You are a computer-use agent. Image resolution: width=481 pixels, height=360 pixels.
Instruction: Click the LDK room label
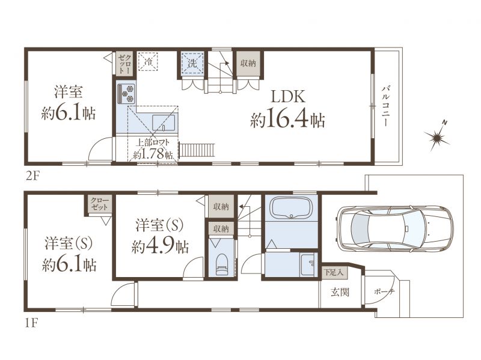coord(287,97)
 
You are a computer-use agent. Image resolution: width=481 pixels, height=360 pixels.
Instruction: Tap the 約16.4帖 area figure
coord(287,120)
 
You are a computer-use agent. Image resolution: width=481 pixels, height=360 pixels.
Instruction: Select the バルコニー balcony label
coord(385,106)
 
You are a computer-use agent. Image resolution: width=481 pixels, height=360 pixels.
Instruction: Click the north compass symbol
coord(437,137)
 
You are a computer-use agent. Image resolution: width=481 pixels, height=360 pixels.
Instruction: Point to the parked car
coord(394,228)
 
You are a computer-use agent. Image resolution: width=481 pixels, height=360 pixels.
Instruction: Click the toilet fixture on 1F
coord(221,264)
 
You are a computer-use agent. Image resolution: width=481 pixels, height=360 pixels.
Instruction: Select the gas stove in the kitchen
coord(126,93)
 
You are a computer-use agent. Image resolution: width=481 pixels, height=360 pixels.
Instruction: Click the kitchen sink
coord(164,123)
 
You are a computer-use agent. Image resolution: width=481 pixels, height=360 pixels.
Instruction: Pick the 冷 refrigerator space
coord(148,62)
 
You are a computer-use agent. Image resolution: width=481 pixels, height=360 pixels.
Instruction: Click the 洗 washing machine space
coord(192,63)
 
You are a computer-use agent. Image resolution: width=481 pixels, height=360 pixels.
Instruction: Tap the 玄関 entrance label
coord(340,292)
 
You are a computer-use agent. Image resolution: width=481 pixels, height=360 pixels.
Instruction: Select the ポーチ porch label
coord(384,291)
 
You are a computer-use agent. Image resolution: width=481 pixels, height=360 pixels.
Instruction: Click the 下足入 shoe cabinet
coord(335,272)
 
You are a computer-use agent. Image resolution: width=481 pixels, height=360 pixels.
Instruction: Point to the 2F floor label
coord(32,176)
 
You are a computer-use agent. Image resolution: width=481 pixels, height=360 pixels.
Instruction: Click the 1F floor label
coord(31,323)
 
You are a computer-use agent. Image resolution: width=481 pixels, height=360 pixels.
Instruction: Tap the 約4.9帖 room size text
coord(160,246)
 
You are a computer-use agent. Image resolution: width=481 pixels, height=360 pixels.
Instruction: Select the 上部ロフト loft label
coord(153,143)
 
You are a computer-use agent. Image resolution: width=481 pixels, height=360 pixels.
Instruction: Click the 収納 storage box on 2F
coord(248,63)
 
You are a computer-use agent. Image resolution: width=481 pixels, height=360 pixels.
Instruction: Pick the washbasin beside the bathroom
coord(308,264)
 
